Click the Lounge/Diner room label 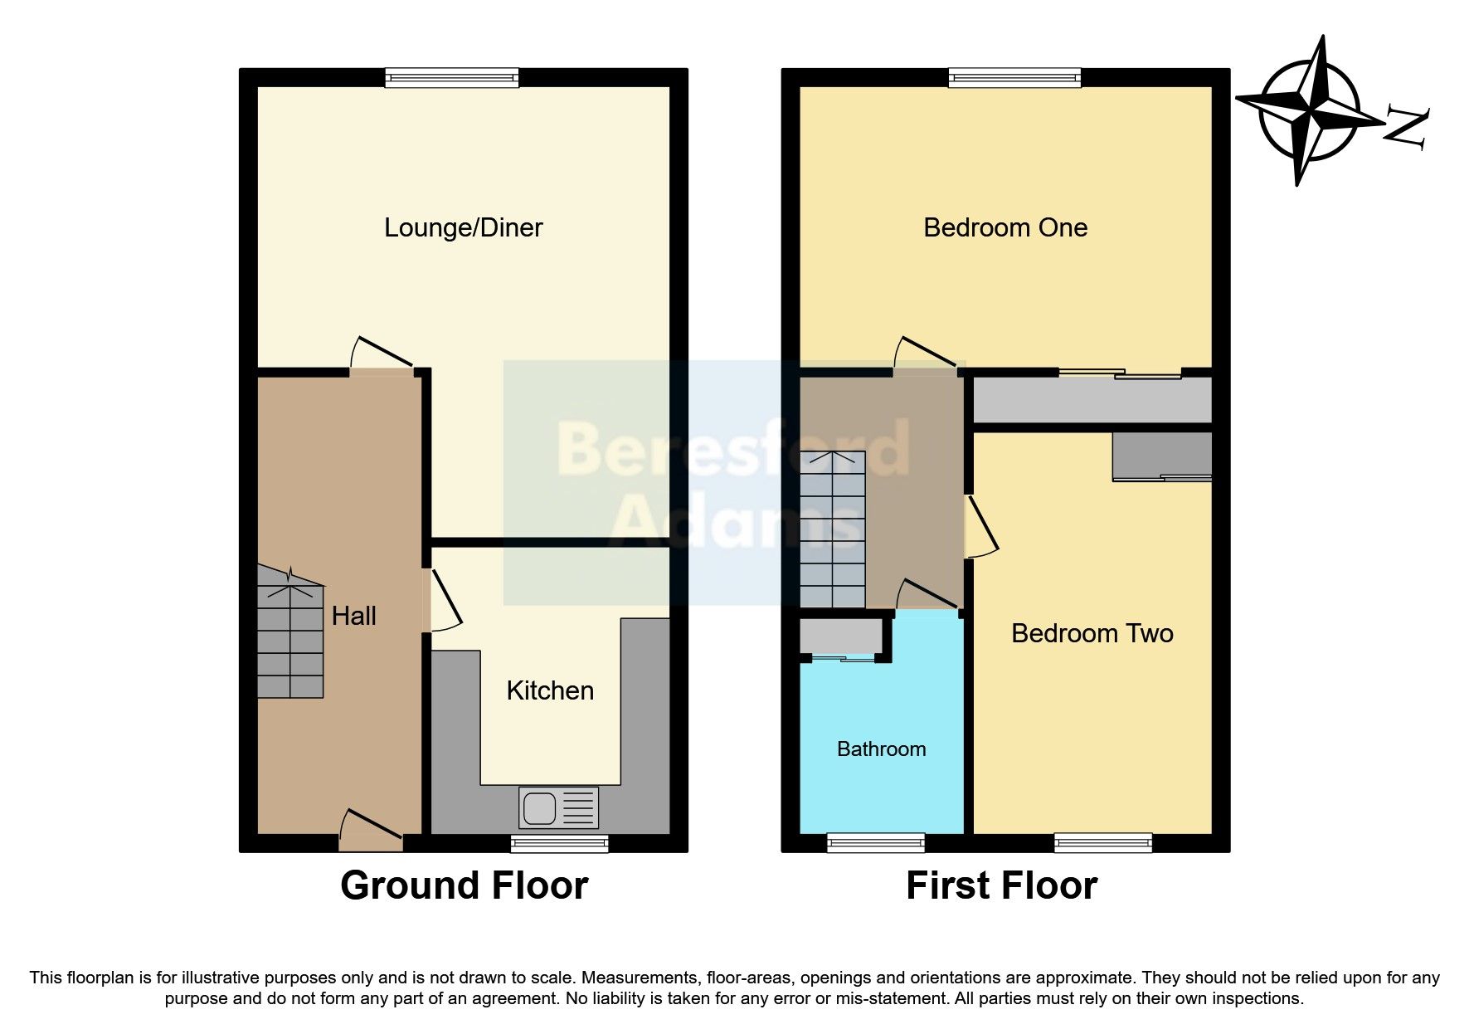(463, 227)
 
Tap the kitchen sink (558, 807)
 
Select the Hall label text (353, 616)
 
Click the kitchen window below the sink (559, 844)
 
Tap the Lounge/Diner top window (451, 78)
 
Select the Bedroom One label (1004, 227)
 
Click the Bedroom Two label (1092, 633)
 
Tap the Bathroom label (881, 749)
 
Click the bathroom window (875, 843)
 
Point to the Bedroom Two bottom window (1103, 843)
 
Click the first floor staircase (832, 529)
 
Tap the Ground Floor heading (464, 885)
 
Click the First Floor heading (1001, 885)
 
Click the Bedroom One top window (1014, 78)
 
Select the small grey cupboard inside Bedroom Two (1162, 455)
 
